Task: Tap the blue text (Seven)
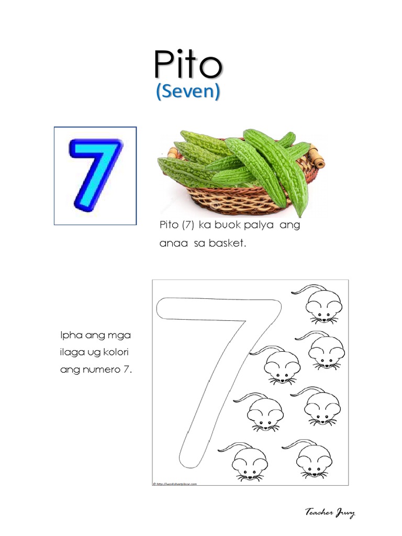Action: (x=187, y=92)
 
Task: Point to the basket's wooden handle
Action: (x=316, y=157)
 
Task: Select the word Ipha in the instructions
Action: (x=69, y=334)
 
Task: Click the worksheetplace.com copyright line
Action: (x=175, y=484)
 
